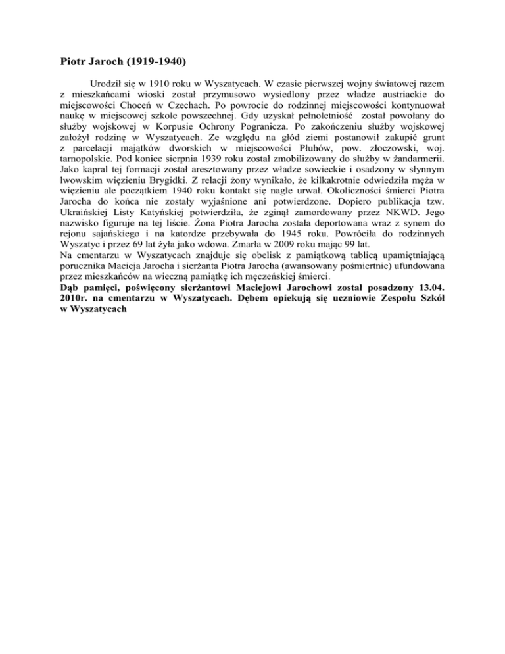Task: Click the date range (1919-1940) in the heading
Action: [152, 64]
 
